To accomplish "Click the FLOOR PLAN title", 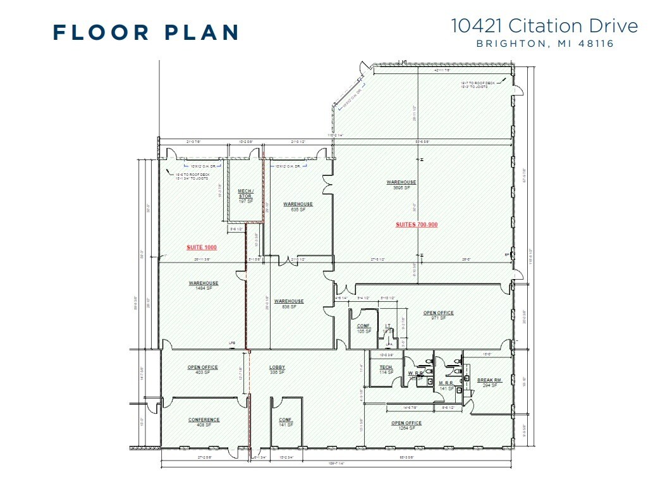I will [146, 32].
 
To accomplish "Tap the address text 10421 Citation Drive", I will [544, 26].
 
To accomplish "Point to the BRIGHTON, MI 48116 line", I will [545, 44].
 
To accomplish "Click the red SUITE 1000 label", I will [202, 247].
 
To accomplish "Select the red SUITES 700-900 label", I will [417, 225].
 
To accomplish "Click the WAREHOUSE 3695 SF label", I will [401, 185].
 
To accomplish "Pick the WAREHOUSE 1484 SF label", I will [203, 285].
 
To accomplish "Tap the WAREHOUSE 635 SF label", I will [298, 206].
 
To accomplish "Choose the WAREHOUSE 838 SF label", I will [289, 304].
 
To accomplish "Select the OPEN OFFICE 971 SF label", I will [438, 315].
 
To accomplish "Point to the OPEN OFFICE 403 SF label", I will [202, 369].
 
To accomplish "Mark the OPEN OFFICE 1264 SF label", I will [406, 425].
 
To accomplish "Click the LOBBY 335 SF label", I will [278, 369].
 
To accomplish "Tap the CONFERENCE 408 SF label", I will [204, 422].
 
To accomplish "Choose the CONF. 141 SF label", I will [285, 422].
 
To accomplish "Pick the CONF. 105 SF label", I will [363, 328].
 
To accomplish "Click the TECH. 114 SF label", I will [386, 369].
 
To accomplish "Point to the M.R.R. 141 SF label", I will [447, 386].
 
